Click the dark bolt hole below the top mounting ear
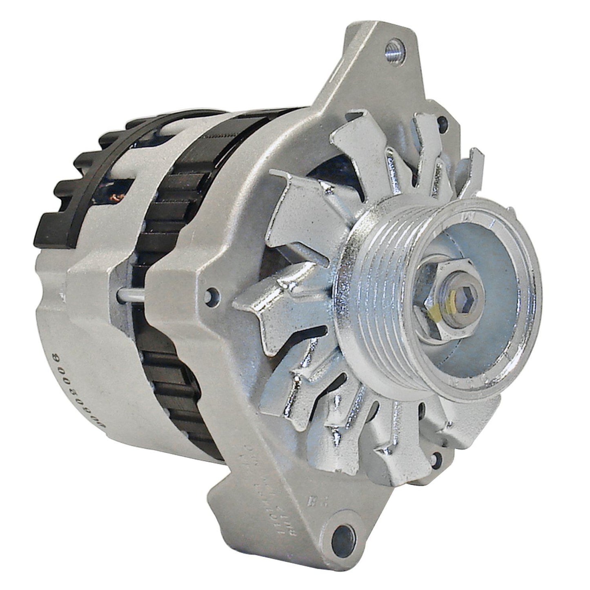[442, 121]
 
